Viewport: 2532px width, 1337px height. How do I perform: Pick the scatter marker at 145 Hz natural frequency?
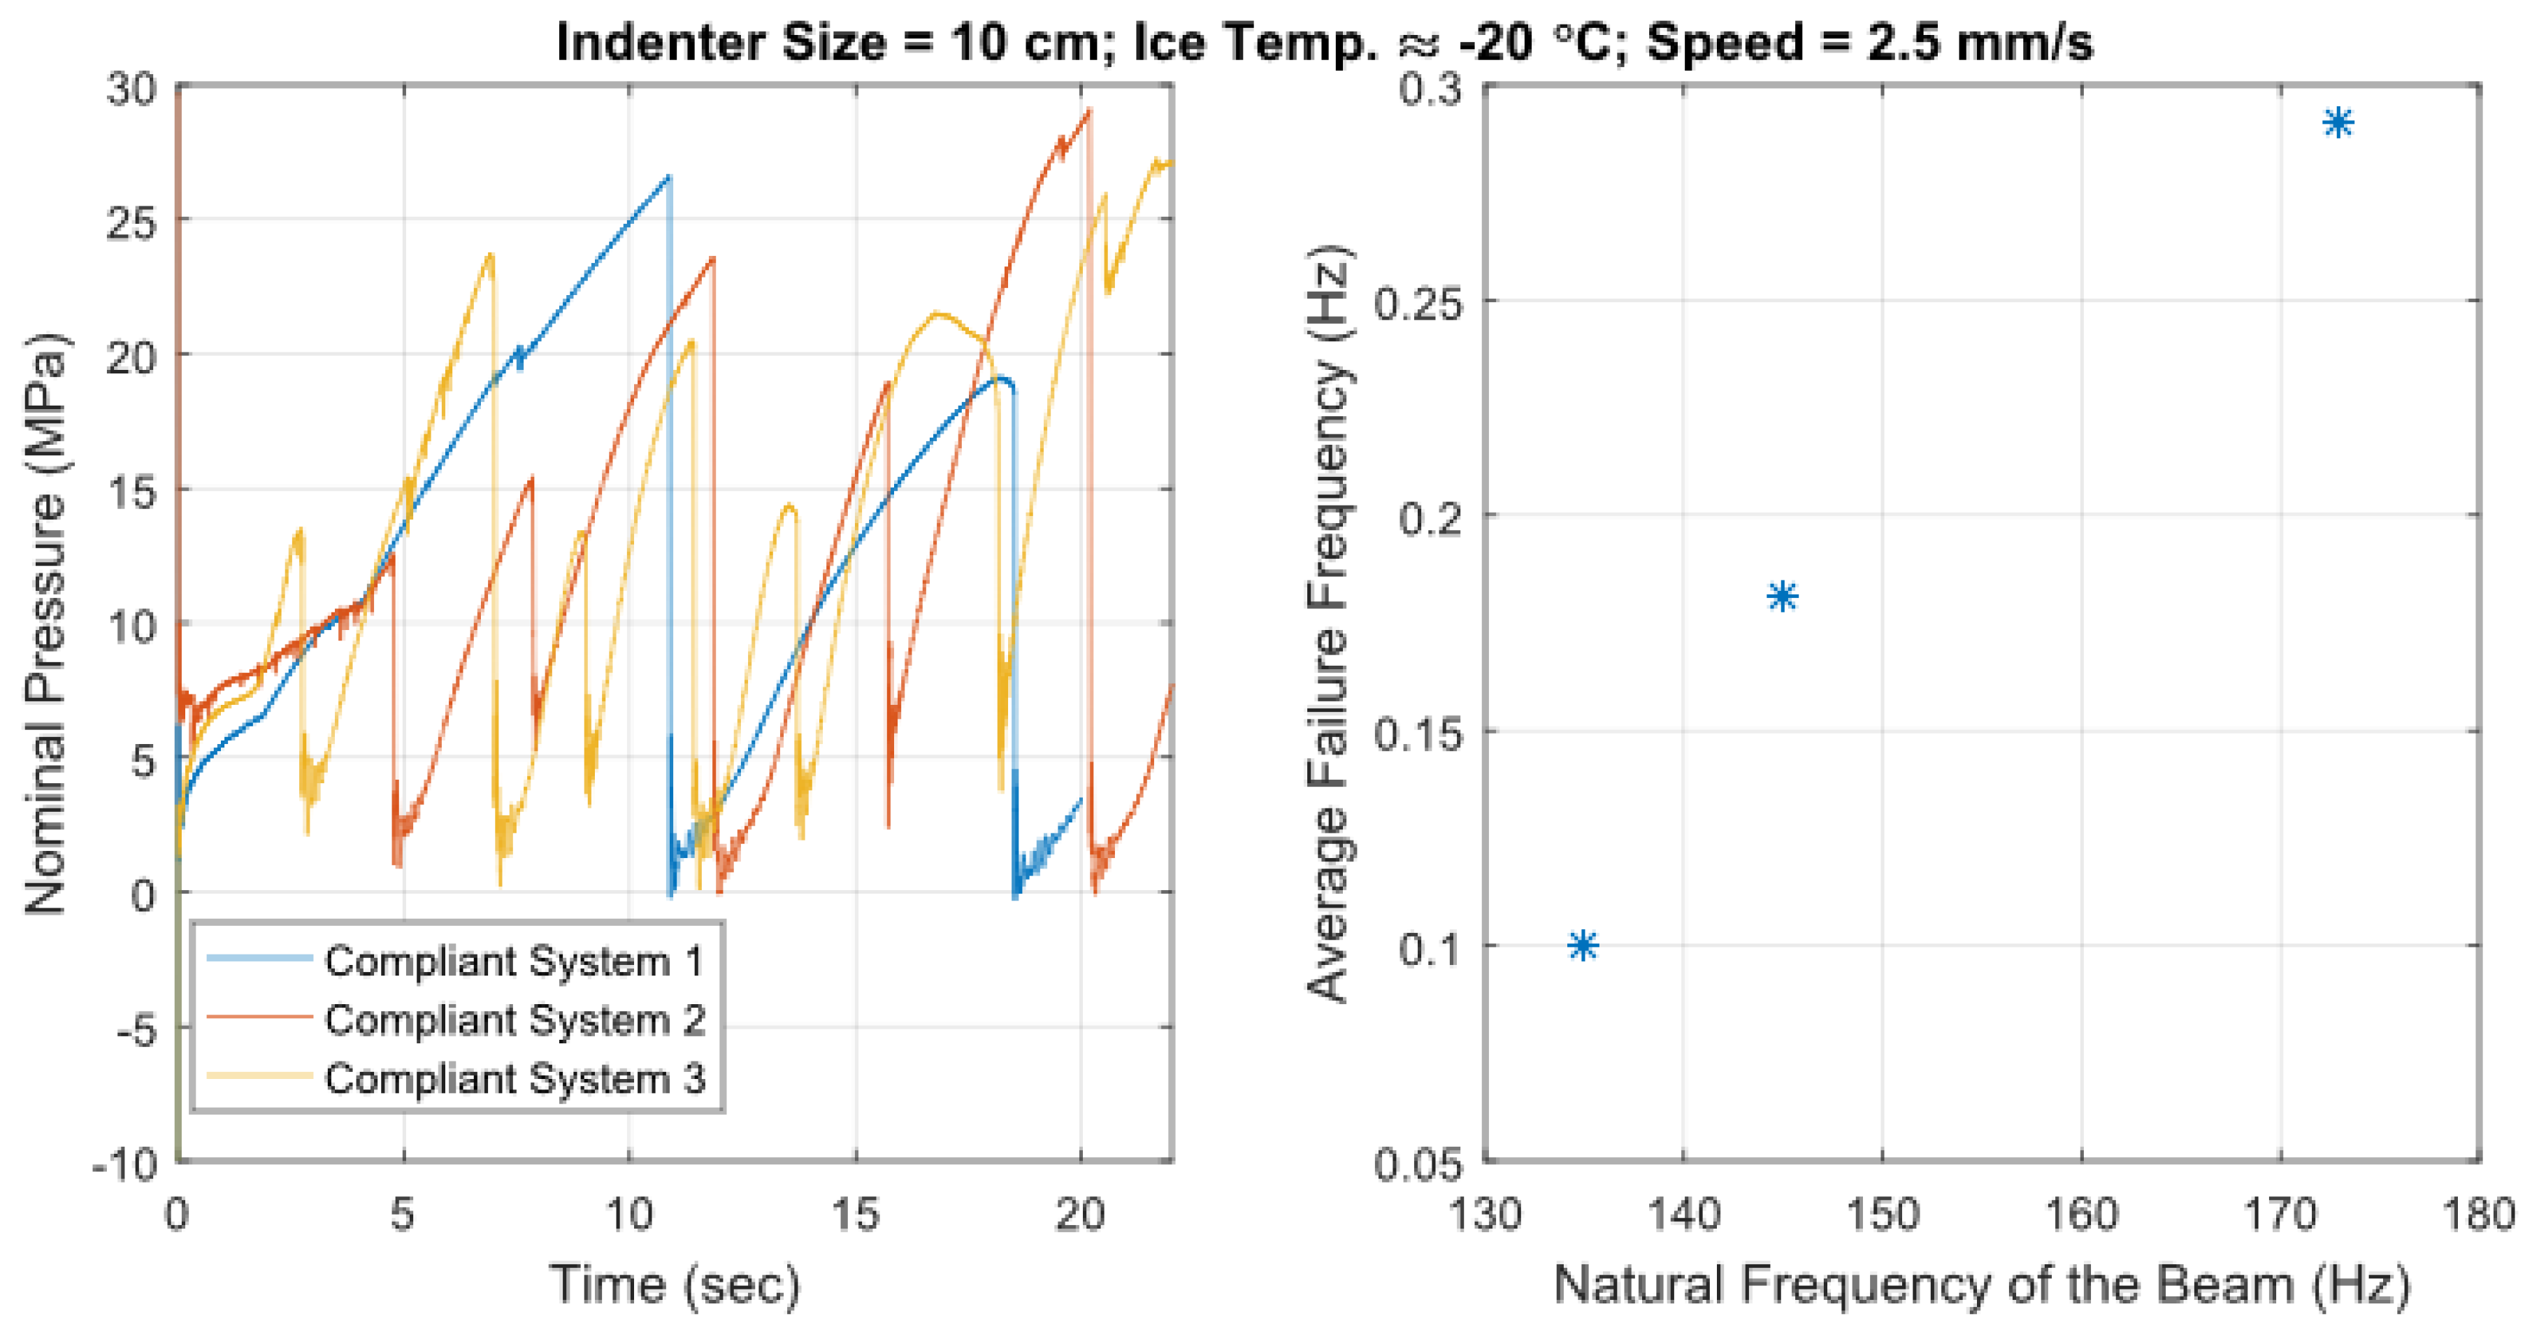1782,596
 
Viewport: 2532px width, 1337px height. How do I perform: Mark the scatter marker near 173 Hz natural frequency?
2338,123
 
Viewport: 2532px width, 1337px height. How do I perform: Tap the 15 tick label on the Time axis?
855,1216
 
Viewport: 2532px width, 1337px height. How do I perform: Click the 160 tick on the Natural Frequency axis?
2081,1216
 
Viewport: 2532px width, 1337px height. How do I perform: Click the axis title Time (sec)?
675,1285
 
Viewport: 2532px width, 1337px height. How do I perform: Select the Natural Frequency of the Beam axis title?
1980,1285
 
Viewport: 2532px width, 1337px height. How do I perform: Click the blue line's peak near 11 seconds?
668,177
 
